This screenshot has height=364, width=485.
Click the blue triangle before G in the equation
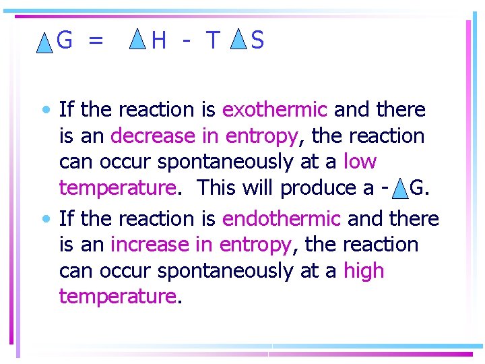44,44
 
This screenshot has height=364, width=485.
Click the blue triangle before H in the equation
137,40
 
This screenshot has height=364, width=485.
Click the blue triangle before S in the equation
238,40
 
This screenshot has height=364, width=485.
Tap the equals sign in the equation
96,42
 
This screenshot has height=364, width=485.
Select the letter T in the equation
213,42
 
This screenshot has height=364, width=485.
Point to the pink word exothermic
274,109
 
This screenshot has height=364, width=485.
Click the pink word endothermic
281,218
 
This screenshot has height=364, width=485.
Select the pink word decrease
153,136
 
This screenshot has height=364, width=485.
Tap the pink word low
360,162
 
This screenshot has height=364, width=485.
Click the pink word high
363,271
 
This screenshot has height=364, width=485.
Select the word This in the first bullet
218,188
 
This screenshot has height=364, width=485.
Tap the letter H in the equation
159,42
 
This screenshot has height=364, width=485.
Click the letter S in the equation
257,42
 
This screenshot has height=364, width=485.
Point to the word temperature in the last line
117,297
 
